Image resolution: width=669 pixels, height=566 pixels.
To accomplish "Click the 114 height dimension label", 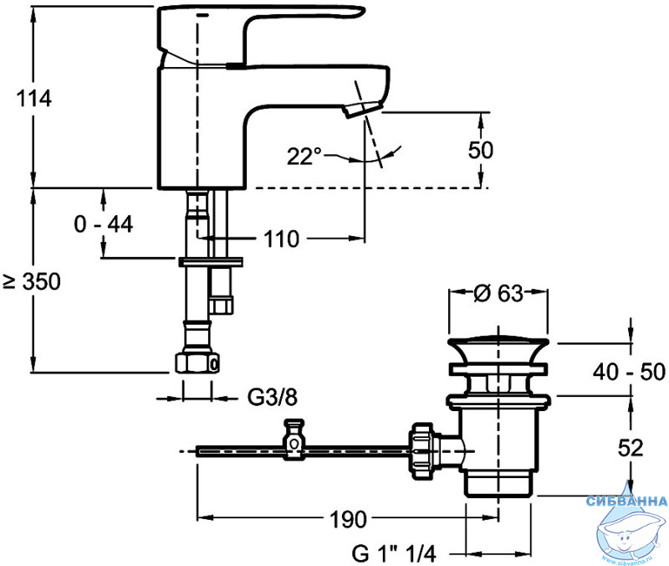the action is click(34, 98).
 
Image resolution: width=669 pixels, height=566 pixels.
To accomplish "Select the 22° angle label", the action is click(304, 157).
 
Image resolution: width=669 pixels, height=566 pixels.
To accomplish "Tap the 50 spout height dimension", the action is click(480, 150).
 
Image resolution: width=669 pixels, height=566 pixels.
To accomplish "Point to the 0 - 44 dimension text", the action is click(103, 224).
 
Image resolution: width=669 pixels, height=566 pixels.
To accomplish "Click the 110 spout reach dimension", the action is click(281, 239).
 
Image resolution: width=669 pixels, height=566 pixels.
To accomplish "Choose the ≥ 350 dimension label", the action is click(32, 281).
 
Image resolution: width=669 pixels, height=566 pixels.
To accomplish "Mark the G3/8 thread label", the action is click(273, 398).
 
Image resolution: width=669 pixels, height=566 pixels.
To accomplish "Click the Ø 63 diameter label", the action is click(498, 293).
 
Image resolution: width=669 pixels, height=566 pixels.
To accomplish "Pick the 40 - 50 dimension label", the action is click(629, 372).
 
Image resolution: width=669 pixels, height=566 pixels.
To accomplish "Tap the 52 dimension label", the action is click(631, 448).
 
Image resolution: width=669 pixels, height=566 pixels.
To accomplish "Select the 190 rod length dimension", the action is click(348, 519).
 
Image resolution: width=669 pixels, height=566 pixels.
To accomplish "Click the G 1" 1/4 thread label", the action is click(394, 554).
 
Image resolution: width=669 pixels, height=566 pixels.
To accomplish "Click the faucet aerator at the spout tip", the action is click(362, 109).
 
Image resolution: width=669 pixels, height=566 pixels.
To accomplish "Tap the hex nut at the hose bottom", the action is click(197, 363).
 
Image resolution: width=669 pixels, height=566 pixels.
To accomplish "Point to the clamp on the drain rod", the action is click(294, 439).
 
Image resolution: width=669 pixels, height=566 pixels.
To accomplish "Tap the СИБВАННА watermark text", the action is click(626, 501).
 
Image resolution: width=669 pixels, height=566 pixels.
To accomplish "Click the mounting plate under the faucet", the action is click(211, 261).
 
